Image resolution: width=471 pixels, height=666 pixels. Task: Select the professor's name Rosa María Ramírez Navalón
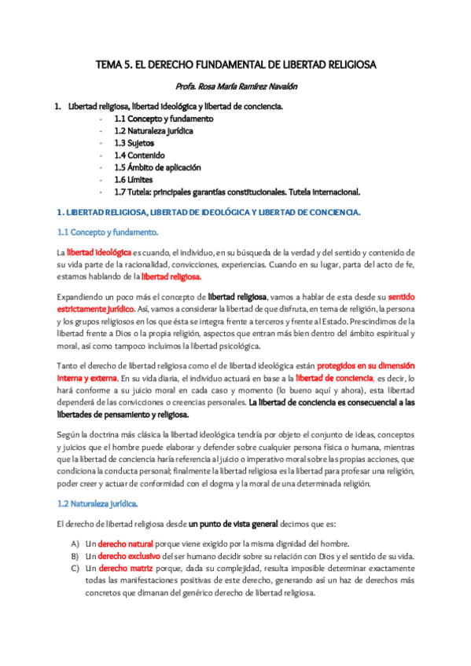235,88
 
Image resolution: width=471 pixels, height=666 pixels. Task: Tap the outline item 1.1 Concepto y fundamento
163,119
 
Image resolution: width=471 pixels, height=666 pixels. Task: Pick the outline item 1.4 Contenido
139,156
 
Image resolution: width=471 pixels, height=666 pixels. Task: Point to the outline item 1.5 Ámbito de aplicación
157,168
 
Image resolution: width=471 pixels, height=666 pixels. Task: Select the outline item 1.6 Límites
134,180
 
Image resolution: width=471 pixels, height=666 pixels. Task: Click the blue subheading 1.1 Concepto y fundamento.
108,232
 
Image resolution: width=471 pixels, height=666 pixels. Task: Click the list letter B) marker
75,556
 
